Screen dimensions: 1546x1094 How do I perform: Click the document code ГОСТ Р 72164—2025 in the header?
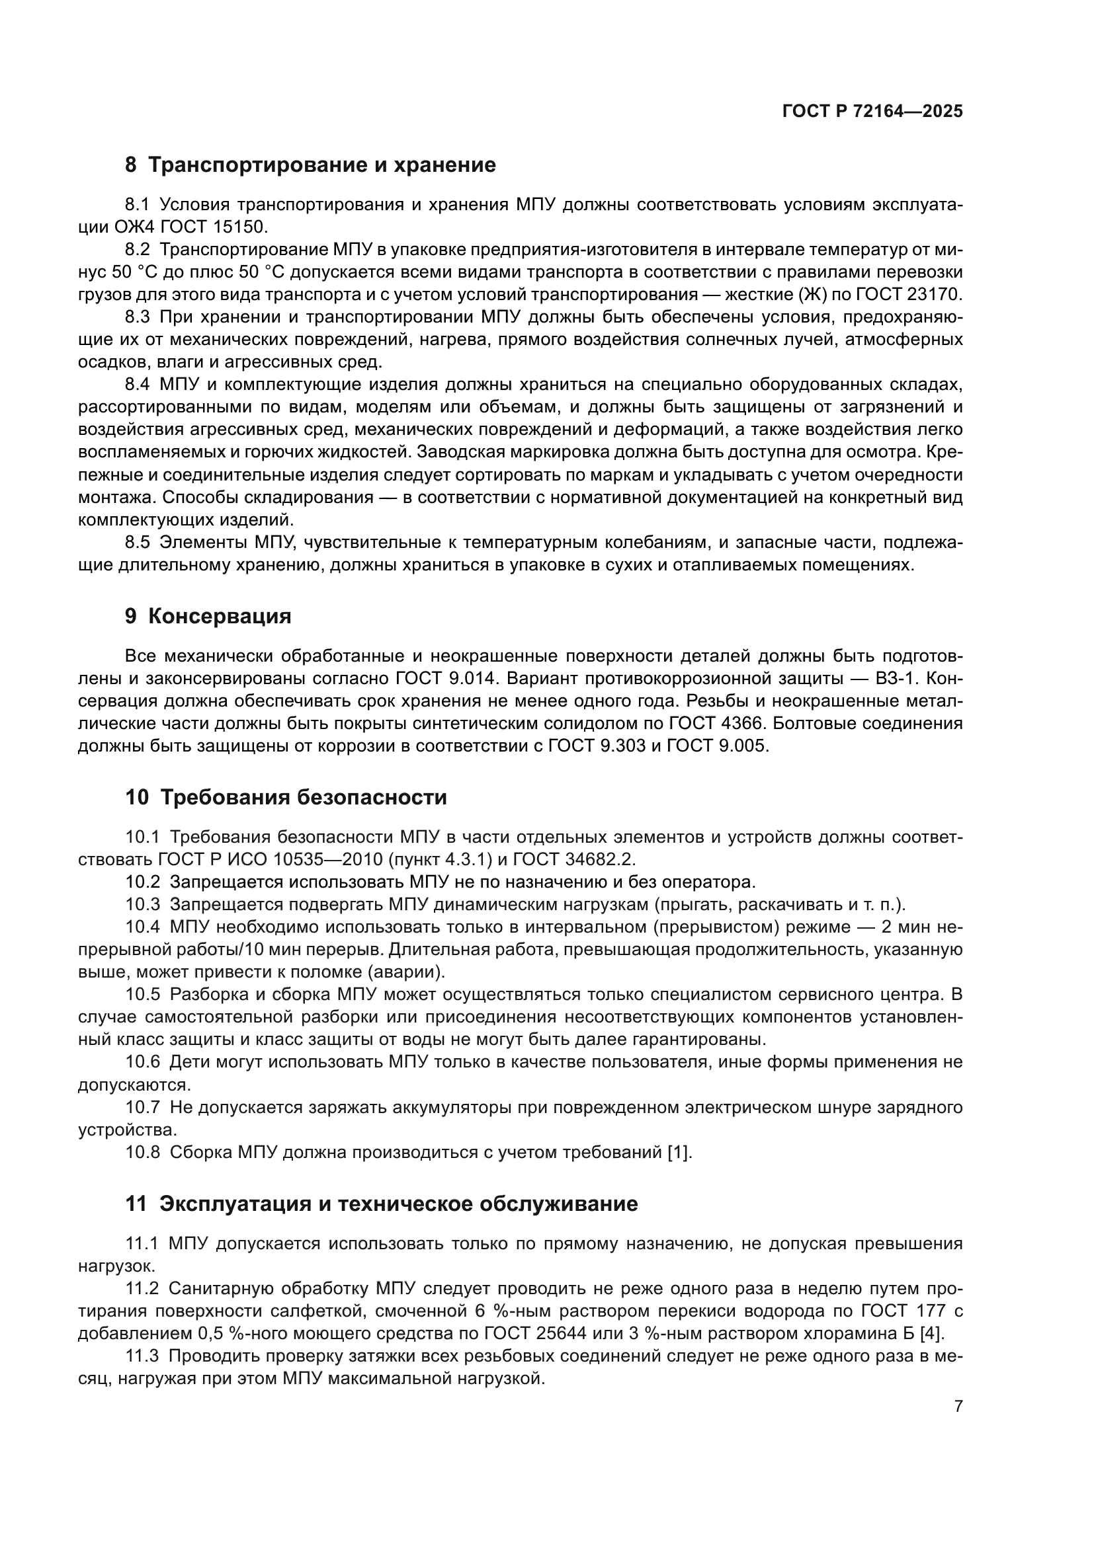pyautogui.click(x=872, y=112)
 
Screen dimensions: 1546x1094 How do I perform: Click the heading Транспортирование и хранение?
pyautogui.click(x=321, y=165)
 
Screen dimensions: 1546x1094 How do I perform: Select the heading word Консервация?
pyautogui.click(x=219, y=616)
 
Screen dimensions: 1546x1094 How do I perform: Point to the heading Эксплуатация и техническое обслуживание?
pyautogui.click(x=398, y=1203)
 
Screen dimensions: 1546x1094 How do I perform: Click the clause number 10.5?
pyautogui.click(x=143, y=995)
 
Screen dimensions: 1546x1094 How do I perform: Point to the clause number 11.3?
pyautogui.click(x=142, y=1356)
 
